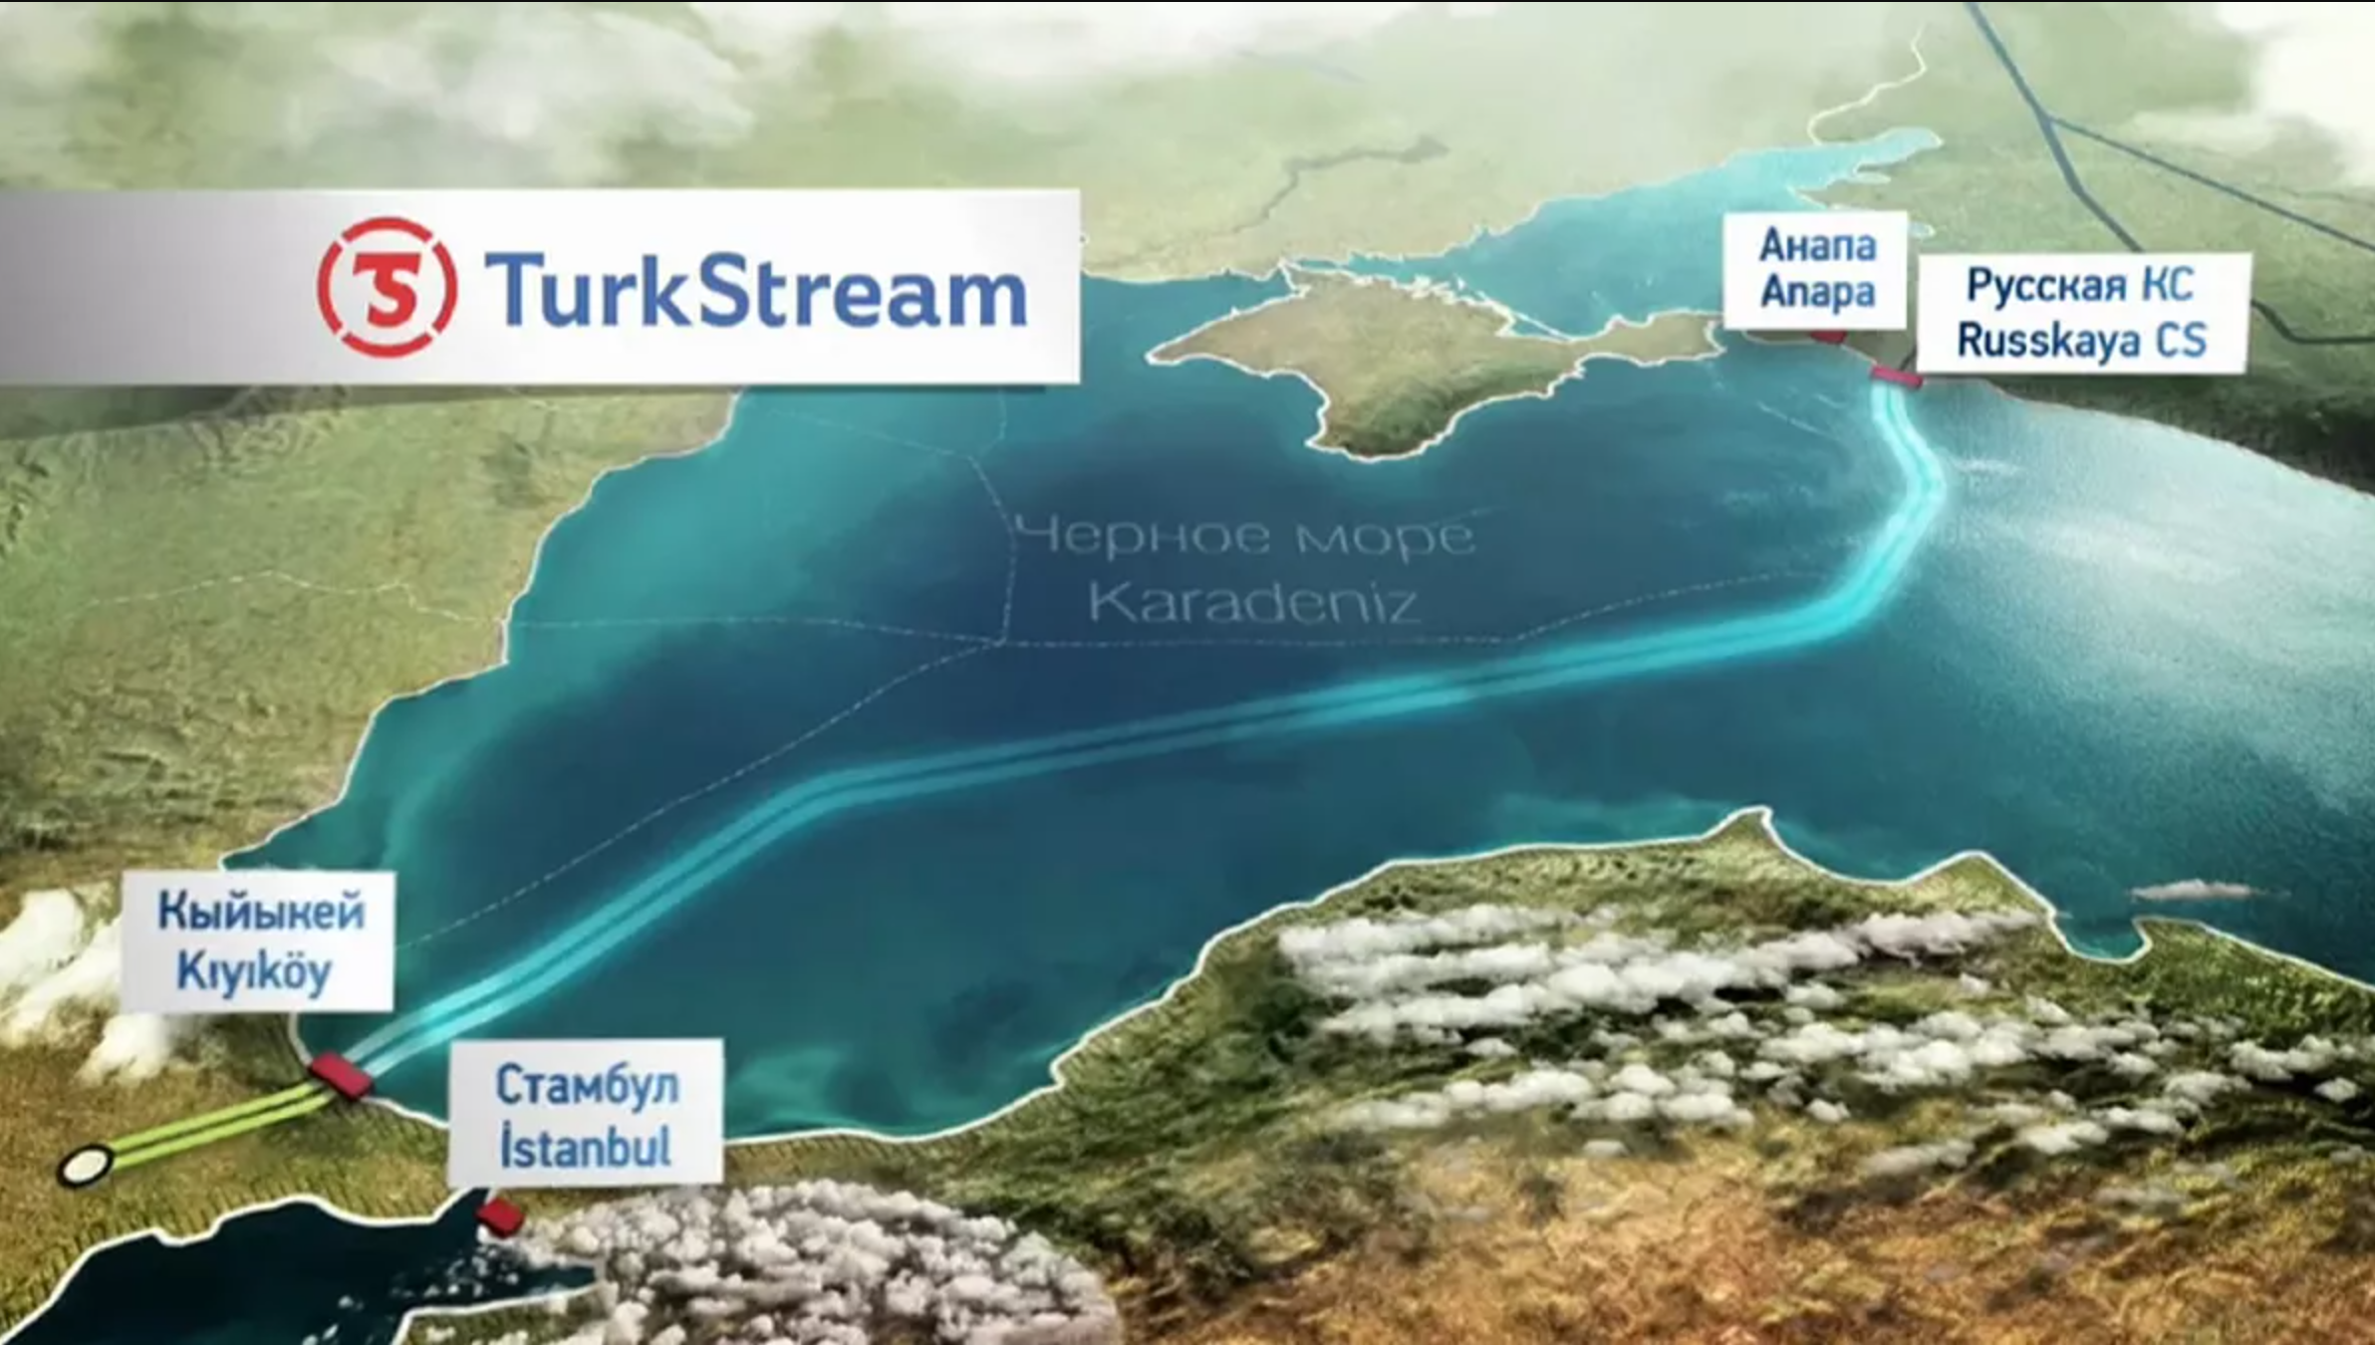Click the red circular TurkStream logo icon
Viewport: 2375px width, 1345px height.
[x=387, y=287]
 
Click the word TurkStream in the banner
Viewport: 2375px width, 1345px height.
[x=755, y=290]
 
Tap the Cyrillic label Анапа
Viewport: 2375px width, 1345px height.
[x=1817, y=244]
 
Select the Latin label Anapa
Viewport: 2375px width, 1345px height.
[x=1817, y=293]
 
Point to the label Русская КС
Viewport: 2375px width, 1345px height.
[x=2079, y=286]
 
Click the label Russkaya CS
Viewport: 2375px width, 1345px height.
[x=2081, y=340]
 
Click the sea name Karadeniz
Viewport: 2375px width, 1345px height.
[x=1253, y=601]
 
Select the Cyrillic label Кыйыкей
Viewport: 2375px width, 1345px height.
[x=261, y=912]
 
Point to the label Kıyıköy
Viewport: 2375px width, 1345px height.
[x=254, y=971]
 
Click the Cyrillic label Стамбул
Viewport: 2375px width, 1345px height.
[x=587, y=1085]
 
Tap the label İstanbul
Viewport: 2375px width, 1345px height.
[x=585, y=1147]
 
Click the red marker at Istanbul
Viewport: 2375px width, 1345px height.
[x=499, y=1215]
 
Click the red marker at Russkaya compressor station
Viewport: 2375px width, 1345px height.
[x=1895, y=377]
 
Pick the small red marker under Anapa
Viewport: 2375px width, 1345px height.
[x=1826, y=337]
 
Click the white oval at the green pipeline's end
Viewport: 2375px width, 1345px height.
[x=85, y=1164]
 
